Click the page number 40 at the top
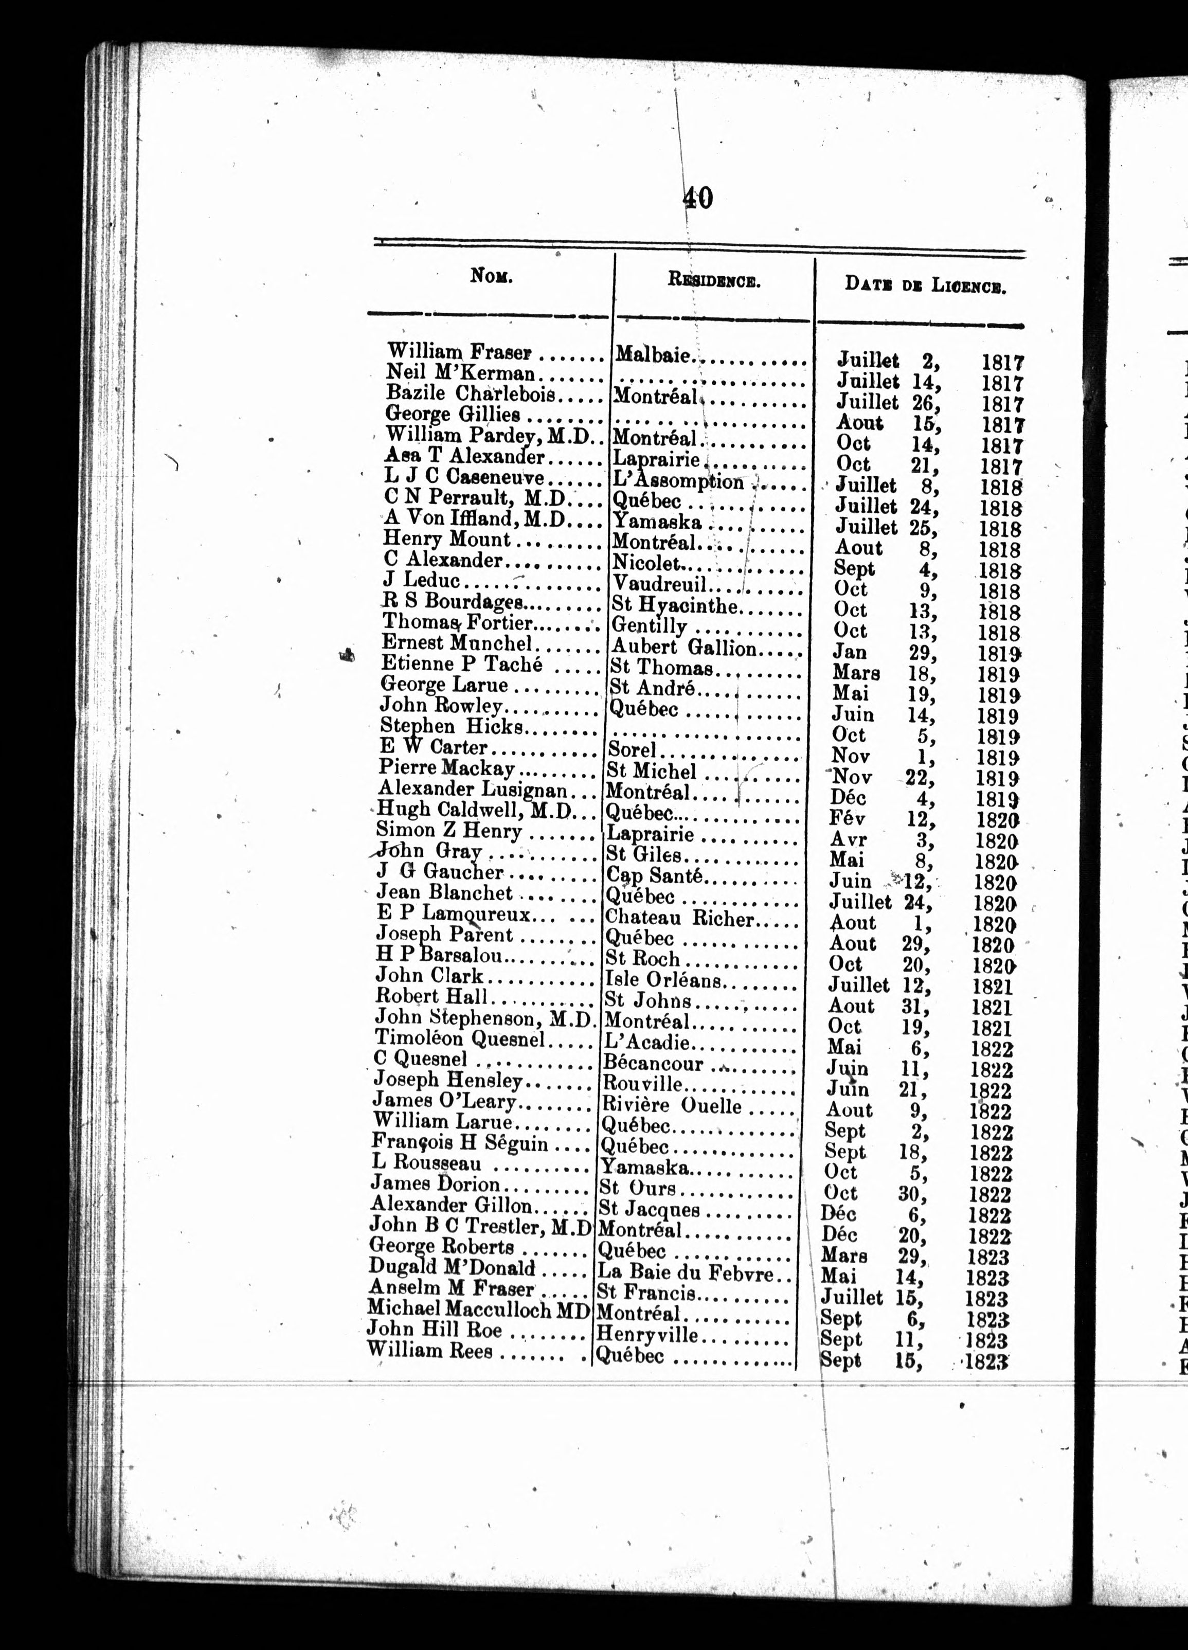pos(697,198)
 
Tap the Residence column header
pos(714,280)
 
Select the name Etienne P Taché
pos(462,664)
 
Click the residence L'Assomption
pos(678,481)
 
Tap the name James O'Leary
pos(444,1101)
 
